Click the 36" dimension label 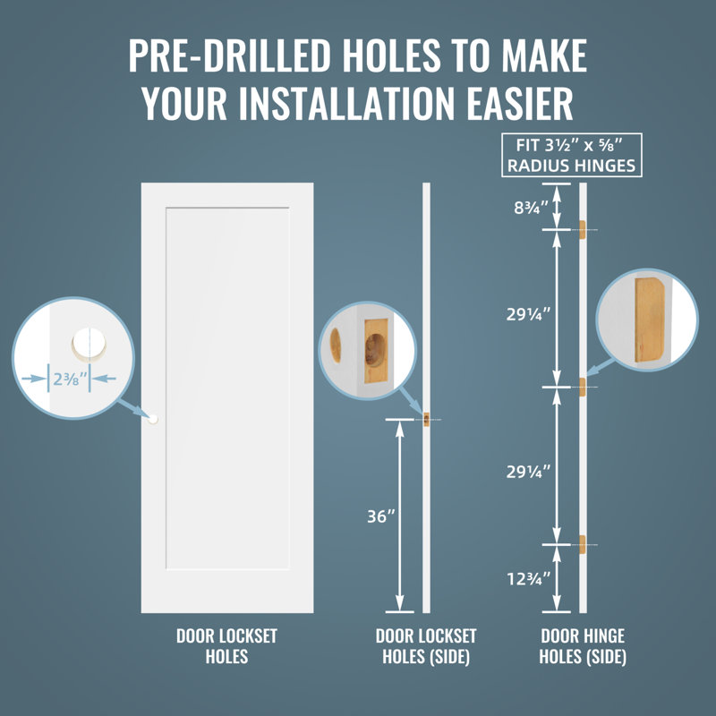(381, 516)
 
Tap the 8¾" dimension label (531, 208)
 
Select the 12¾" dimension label (529, 579)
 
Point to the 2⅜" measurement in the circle (70, 379)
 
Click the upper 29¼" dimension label (528, 314)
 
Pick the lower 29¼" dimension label (528, 472)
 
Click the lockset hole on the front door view (153, 419)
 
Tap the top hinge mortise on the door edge (583, 230)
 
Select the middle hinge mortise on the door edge (583, 388)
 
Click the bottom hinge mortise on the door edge (583, 545)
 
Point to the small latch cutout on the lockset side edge (427, 420)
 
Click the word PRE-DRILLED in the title (229, 55)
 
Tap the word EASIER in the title (520, 103)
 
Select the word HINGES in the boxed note (605, 166)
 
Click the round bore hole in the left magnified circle (89, 344)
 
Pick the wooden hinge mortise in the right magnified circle (650, 320)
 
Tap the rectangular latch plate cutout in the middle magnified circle (376, 351)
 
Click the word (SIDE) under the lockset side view (448, 657)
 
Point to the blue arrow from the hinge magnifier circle (601, 367)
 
